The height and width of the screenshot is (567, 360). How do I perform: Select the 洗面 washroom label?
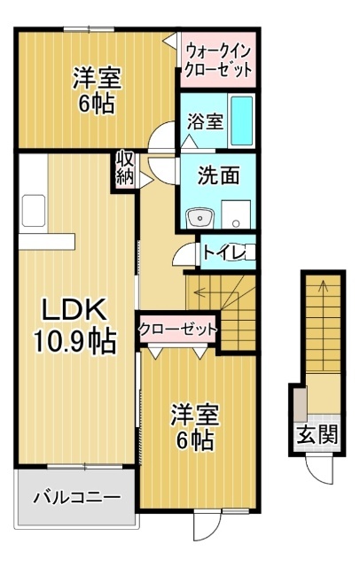(217, 175)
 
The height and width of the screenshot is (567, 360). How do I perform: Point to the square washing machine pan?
(237, 214)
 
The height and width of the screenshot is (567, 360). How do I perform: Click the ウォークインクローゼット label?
(219, 59)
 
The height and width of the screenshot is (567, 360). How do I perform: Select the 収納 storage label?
(125, 168)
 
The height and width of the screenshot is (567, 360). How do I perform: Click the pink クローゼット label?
(178, 329)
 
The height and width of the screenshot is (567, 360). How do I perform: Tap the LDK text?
(76, 309)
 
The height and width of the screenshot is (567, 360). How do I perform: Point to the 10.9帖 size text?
(74, 341)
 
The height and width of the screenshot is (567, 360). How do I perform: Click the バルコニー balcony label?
(76, 496)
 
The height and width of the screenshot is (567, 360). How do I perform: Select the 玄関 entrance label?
(317, 434)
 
